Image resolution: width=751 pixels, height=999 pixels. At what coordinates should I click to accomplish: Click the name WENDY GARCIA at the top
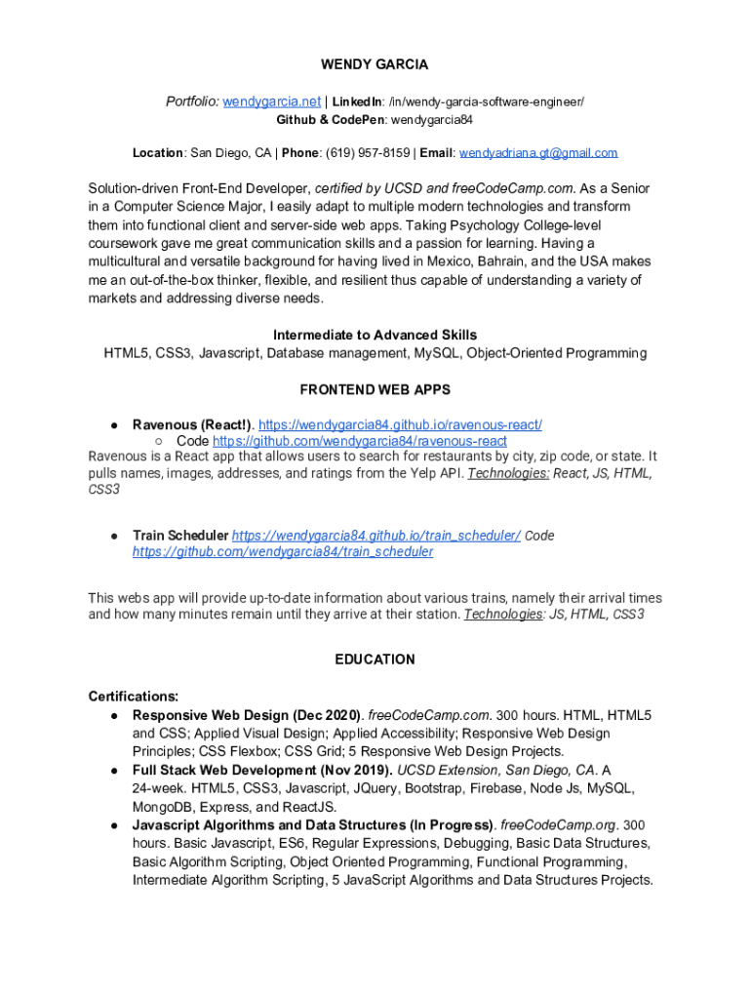click(375, 64)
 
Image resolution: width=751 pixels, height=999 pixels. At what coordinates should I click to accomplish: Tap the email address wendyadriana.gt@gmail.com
click(538, 153)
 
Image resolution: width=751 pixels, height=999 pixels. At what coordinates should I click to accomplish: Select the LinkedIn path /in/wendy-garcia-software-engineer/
click(486, 101)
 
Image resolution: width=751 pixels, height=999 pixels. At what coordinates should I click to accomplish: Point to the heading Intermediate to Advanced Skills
click(375, 335)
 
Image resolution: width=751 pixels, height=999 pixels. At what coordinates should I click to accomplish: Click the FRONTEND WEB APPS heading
click(375, 389)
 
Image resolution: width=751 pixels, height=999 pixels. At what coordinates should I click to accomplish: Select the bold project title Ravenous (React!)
click(192, 424)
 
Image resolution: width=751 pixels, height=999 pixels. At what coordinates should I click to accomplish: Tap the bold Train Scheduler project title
click(180, 536)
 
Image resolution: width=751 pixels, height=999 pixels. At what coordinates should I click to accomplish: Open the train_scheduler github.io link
click(375, 536)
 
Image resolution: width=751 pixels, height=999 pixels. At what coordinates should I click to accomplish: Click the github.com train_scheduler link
click(283, 552)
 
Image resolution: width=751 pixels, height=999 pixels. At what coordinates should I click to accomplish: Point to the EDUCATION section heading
click(375, 659)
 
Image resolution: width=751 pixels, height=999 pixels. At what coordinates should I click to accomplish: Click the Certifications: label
click(133, 697)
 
